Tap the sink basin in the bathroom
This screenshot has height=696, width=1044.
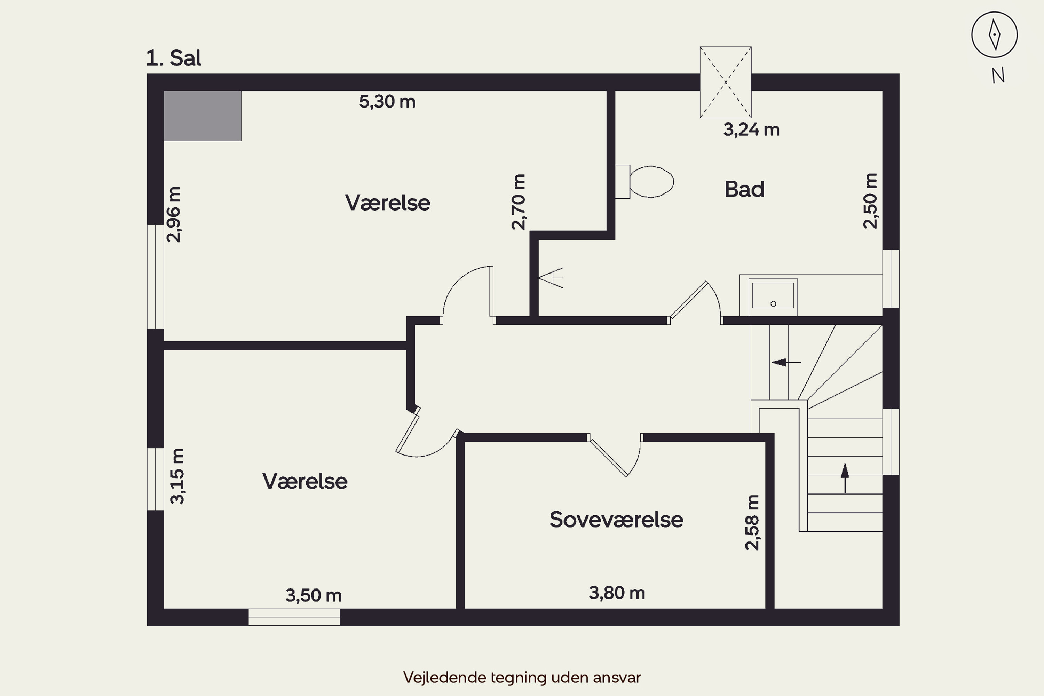tap(773, 295)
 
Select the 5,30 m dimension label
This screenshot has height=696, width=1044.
tap(387, 102)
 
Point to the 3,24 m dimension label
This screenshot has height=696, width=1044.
tap(751, 129)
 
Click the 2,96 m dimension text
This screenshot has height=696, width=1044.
tap(174, 214)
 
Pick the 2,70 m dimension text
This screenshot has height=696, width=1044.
tap(518, 202)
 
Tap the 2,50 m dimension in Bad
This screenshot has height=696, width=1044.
tap(870, 201)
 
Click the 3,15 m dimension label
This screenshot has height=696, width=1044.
tap(177, 476)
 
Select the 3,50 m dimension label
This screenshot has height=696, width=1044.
tap(314, 595)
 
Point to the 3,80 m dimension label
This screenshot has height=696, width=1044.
tap(617, 593)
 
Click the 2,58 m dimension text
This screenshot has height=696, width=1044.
tap(752, 522)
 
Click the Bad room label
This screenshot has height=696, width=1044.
tap(744, 189)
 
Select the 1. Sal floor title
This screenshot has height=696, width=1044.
tap(174, 58)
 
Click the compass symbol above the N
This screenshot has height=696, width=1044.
tap(994, 34)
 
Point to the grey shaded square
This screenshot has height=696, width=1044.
tap(203, 116)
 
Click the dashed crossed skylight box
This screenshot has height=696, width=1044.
tap(725, 82)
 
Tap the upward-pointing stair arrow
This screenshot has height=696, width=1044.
tap(845, 477)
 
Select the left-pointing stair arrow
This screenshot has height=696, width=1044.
tap(786, 362)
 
